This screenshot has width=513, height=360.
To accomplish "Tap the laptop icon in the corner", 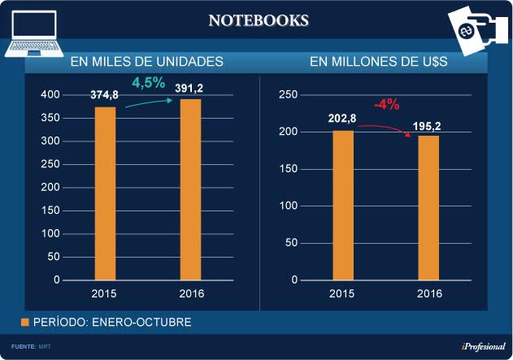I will coord(33,34).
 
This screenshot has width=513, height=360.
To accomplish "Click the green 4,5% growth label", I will coord(149,82).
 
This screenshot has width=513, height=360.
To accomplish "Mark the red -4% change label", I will coord(386,105).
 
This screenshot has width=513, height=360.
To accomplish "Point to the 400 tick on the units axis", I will coord(50,95).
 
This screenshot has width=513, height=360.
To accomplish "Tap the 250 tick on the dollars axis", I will coord(287,95).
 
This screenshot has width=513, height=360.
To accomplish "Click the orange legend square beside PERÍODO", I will coord(24,323).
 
